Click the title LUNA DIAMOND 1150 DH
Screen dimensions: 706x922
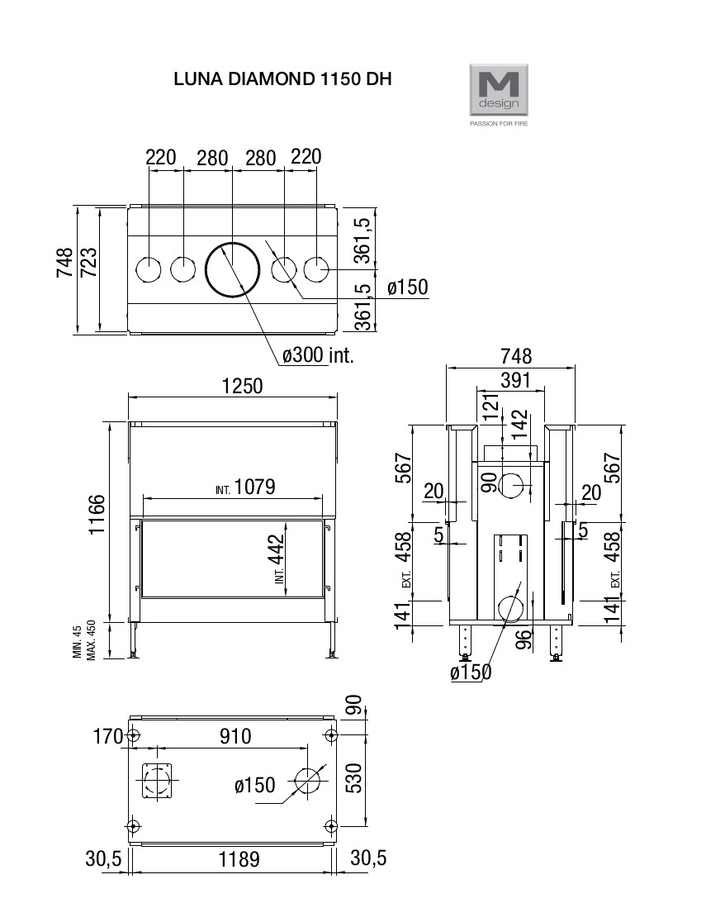(282, 79)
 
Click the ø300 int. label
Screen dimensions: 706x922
(317, 355)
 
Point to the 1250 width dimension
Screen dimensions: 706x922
(242, 387)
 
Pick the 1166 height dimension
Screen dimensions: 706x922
(97, 514)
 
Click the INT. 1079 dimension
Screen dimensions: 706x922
(245, 487)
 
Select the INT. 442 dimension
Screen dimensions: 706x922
(277, 558)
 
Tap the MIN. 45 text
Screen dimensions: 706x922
(77, 642)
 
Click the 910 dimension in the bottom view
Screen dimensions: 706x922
(235, 736)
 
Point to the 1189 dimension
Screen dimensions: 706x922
(239, 859)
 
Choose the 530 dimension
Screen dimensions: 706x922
(354, 778)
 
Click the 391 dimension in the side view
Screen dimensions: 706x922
(515, 380)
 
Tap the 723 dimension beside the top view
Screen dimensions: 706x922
(88, 262)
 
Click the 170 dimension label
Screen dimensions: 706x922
(108, 736)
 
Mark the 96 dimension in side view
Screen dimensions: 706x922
(524, 639)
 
